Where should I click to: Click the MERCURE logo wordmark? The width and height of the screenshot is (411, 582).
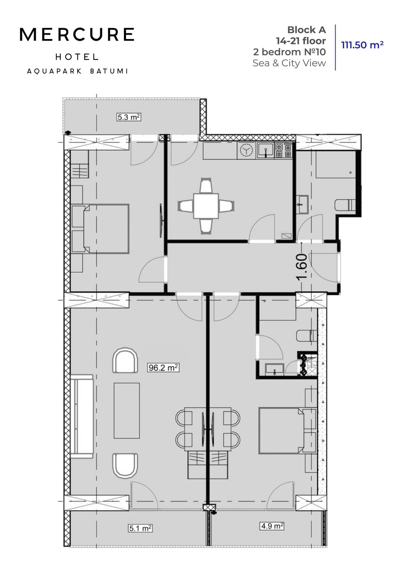click(77, 35)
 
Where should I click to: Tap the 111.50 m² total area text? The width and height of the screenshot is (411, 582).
click(362, 45)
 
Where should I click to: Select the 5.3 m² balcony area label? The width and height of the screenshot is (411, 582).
click(129, 117)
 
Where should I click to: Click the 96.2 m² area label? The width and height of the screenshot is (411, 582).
click(163, 368)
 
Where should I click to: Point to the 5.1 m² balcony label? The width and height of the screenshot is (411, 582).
click(140, 528)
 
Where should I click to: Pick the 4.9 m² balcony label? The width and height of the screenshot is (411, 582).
click(272, 526)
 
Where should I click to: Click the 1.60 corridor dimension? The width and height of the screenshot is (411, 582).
click(301, 267)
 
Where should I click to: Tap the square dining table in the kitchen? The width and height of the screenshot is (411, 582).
click(206, 206)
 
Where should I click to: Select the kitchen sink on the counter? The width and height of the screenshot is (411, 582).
click(265, 150)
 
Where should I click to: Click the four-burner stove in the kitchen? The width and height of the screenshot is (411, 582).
click(284, 150)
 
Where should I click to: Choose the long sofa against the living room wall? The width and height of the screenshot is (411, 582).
click(82, 416)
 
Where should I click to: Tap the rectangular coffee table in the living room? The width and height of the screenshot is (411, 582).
click(127, 410)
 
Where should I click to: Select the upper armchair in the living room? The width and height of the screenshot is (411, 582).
click(125, 361)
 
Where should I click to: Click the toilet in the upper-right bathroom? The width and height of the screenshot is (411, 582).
click(345, 205)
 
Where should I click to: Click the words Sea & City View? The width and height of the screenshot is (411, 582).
click(289, 63)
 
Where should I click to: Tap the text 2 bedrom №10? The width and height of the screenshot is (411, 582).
click(289, 52)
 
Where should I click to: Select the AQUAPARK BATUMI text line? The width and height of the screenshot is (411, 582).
click(77, 71)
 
